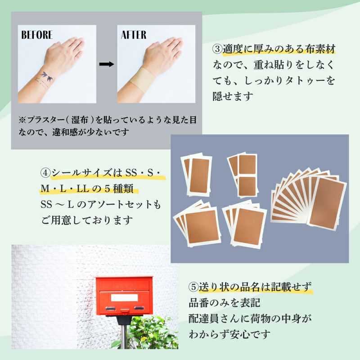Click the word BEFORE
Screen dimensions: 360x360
point(37,35)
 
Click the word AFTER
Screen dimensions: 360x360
point(134,35)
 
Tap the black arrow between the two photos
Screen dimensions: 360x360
point(107,64)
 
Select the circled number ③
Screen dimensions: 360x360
point(217,49)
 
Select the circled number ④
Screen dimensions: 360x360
point(45,173)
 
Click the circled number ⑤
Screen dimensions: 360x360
point(193,287)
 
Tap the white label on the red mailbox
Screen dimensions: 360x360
point(124,297)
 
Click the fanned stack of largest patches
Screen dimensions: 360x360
point(309,200)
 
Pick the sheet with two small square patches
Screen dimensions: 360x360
point(244,175)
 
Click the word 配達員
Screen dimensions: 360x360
point(204,319)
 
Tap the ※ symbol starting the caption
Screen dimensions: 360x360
point(23,120)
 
